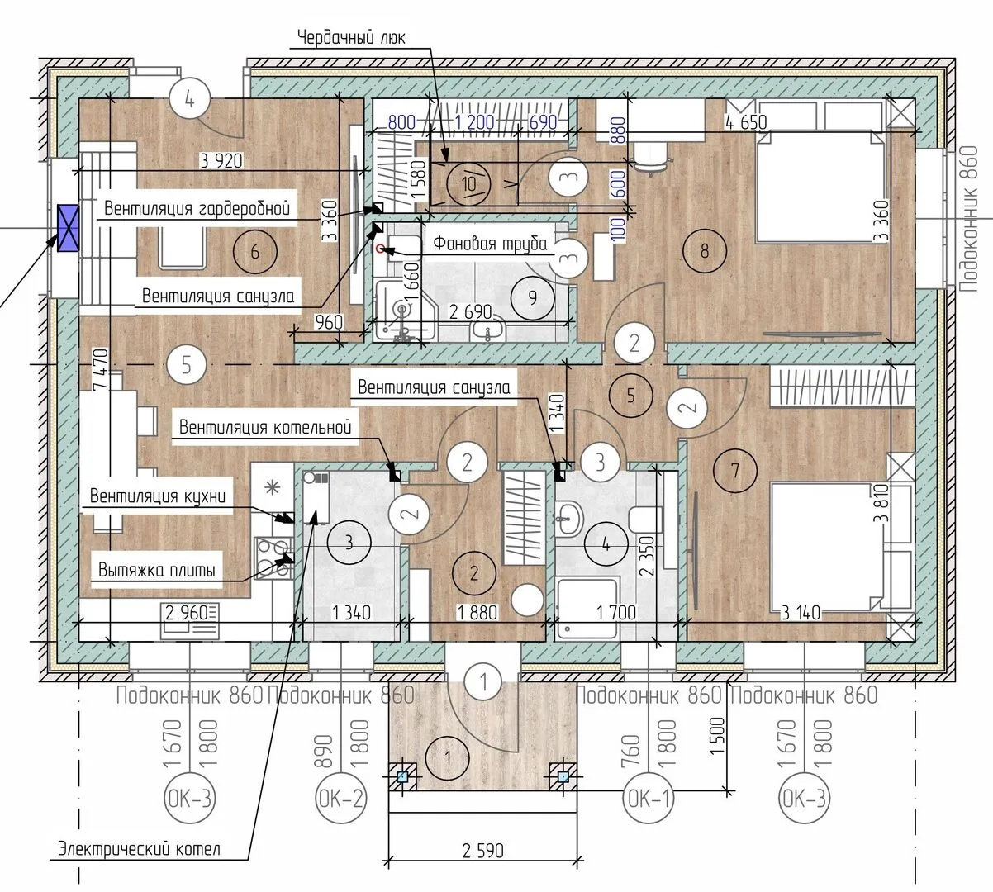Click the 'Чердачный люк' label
click(351, 38)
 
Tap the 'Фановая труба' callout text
click(490, 243)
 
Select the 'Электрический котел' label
click(139, 849)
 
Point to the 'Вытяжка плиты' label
click(157, 570)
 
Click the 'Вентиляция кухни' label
click(158, 496)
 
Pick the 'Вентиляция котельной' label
click(265, 427)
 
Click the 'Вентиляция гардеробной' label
click(197, 208)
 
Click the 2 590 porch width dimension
click(482, 851)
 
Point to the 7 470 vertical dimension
click(101, 369)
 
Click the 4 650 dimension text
click(746, 122)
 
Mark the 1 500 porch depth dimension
click(716, 736)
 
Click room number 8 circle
click(705, 251)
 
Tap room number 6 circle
click(255, 252)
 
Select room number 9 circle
click(532, 297)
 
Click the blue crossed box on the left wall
click(68, 228)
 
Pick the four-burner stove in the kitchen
click(273, 558)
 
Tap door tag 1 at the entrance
click(484, 681)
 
